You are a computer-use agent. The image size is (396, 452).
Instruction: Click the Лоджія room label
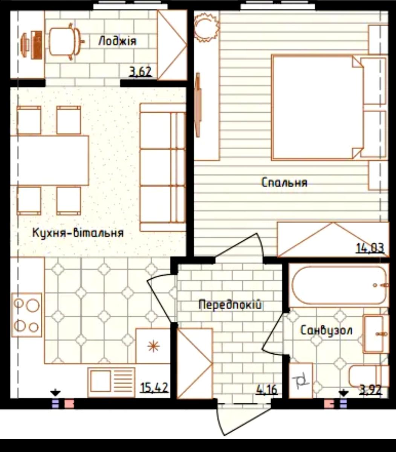coord(117,41)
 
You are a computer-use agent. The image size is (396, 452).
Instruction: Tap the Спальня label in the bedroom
coord(284,182)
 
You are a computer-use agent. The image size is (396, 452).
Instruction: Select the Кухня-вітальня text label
coord(78,233)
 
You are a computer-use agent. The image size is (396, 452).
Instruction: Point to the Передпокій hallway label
coord(230,305)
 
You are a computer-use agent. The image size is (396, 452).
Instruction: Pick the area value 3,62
coord(141,72)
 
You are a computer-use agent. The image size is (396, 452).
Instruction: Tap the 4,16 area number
coord(267,389)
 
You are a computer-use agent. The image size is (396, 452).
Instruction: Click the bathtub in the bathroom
coord(339,285)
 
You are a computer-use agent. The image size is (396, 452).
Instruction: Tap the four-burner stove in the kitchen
coord(27,315)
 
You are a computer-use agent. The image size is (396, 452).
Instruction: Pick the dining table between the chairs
coord(49,160)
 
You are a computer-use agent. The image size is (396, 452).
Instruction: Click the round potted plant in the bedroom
coord(206,27)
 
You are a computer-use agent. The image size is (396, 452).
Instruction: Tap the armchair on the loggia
coord(64,41)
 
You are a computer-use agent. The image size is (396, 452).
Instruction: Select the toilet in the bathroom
coord(368,376)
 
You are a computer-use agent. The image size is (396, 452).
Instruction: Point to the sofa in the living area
coord(163,167)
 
